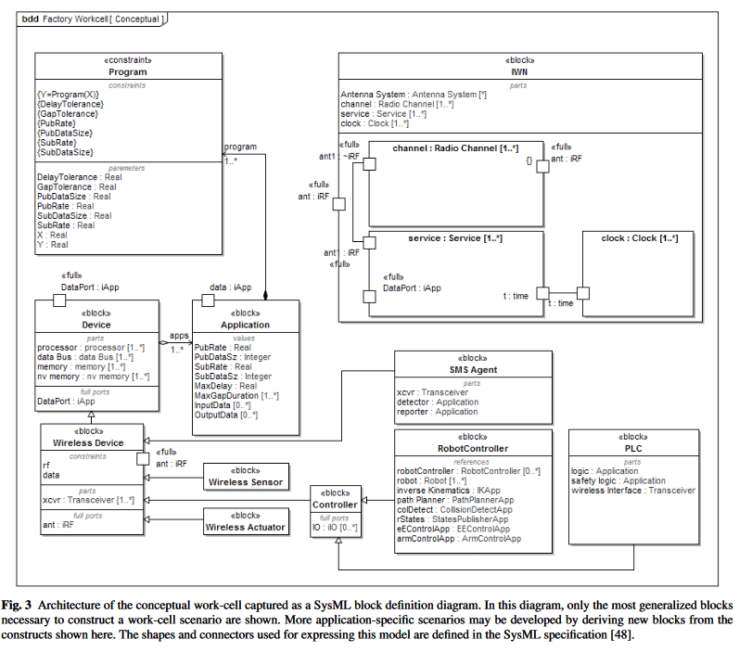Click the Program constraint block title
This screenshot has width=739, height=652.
tap(128, 72)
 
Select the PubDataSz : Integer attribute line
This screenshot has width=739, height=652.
tap(233, 357)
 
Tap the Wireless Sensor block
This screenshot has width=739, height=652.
tap(246, 477)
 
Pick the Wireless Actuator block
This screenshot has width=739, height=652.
tap(246, 522)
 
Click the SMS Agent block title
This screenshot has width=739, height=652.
tap(473, 370)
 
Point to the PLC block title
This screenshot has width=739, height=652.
tap(633, 449)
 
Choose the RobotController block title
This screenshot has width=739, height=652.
tap(473, 449)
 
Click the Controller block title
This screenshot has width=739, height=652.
tap(335, 505)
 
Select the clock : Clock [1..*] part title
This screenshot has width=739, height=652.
tap(640, 238)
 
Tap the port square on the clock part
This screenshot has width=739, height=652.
tap(583, 293)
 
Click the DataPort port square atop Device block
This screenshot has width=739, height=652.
tap(59, 300)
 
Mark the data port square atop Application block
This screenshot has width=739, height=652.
tap(208, 300)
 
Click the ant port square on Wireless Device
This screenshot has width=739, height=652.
tap(143, 459)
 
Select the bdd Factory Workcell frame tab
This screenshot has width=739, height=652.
tap(93, 19)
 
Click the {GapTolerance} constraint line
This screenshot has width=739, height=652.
tap(68, 114)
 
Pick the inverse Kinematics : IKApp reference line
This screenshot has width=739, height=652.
tap(449, 491)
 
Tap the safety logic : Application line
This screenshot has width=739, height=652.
tap(618, 480)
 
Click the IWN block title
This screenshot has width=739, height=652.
tap(519, 72)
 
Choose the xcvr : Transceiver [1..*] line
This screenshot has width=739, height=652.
tap(89, 500)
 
